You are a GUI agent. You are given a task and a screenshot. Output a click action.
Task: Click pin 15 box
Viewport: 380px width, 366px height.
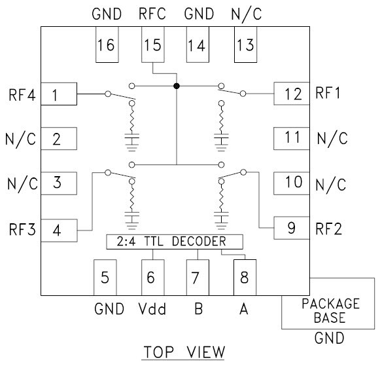pyautogui.click(x=152, y=46)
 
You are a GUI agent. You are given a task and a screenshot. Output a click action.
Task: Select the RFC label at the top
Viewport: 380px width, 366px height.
pyautogui.click(x=152, y=14)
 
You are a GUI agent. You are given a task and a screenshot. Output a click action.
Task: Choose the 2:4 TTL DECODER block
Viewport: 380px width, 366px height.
pyautogui.click(x=174, y=242)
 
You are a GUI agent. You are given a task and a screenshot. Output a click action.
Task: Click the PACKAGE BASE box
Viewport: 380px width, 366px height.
pyautogui.click(x=330, y=311)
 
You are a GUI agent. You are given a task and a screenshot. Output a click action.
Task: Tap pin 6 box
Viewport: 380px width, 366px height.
pyautogui.click(x=151, y=278)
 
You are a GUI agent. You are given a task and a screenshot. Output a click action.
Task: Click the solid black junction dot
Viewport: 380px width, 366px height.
pyautogui.click(x=176, y=86)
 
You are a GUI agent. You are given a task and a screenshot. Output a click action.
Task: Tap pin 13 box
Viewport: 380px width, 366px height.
pyautogui.click(x=245, y=46)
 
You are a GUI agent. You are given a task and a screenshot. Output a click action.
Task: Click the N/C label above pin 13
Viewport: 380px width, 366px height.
pyautogui.click(x=245, y=14)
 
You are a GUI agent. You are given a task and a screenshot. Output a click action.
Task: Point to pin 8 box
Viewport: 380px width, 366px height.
pyautogui.click(x=245, y=278)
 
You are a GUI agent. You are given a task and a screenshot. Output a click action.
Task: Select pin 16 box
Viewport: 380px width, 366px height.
pyautogui.click(x=105, y=46)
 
